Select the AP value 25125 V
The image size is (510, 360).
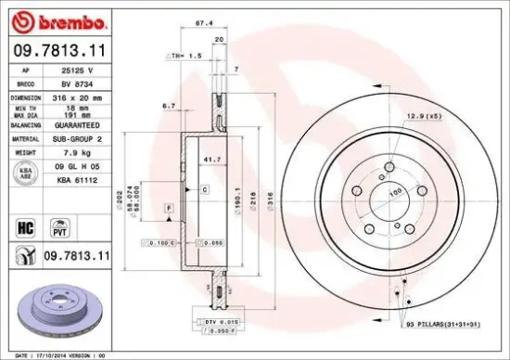[78, 71]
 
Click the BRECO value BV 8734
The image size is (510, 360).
[77, 83]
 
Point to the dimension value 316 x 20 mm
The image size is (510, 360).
[82, 96]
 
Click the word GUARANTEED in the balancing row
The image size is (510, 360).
[84, 124]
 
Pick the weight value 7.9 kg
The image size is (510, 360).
[74, 150]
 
